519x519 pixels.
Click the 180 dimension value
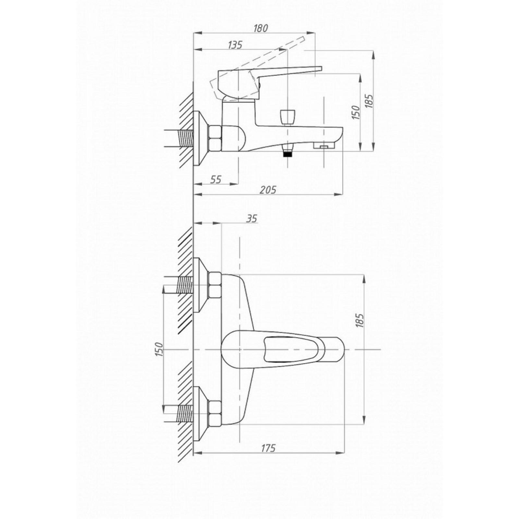[260, 28]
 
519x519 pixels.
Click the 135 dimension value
[235, 45]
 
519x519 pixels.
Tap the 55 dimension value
[216, 179]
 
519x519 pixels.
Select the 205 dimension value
[268, 190]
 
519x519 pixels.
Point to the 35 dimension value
[251, 219]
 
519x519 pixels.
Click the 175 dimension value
[268, 448]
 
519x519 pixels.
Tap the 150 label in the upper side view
[356, 112]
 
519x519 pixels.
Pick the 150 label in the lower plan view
[159, 349]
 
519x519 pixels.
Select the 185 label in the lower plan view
[360, 320]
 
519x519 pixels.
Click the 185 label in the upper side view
[369, 101]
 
